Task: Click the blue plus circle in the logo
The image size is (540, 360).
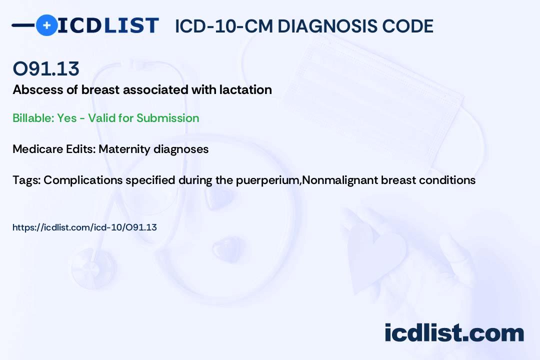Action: [x=46, y=25]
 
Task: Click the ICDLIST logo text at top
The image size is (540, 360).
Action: [x=108, y=25]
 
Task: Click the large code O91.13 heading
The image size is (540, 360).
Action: [x=46, y=68]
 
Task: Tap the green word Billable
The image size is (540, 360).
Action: [x=33, y=118]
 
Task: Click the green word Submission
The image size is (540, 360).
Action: [x=167, y=118]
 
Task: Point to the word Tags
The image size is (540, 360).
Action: [x=26, y=180]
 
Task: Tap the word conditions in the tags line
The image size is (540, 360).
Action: [x=447, y=180]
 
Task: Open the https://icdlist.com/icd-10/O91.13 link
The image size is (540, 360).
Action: [x=84, y=227]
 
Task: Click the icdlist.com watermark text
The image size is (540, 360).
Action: [x=454, y=332]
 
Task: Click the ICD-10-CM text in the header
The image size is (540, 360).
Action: [x=224, y=26]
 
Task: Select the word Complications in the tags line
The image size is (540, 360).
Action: [x=83, y=180]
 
